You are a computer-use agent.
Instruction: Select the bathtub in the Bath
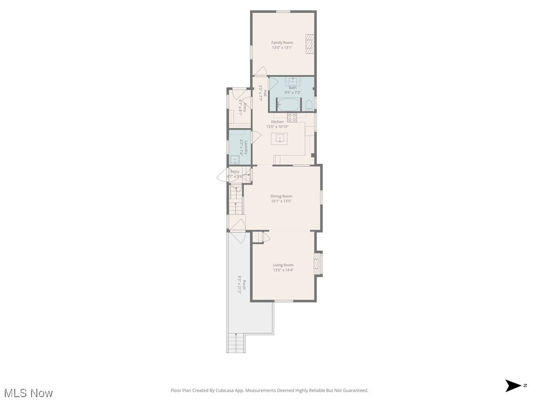(288, 104)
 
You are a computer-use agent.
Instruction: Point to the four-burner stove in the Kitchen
(292, 117)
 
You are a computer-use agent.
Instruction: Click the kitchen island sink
(280, 139)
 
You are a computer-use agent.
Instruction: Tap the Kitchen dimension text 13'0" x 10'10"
(277, 127)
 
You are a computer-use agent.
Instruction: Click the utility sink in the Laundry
(235, 160)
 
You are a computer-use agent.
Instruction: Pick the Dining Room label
(281, 196)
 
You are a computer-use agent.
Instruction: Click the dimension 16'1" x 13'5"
(281, 201)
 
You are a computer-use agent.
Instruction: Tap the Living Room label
(283, 265)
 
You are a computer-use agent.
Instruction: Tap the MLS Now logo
(28, 393)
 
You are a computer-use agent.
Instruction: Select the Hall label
(265, 94)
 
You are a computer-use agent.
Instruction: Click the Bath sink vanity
(292, 82)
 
